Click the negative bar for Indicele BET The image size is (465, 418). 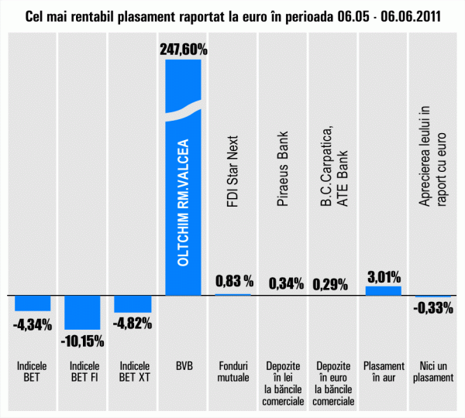[x=32, y=303]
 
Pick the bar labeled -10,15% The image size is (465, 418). [x=82, y=312]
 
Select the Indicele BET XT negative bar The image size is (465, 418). [x=133, y=303]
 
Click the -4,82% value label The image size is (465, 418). [x=133, y=324]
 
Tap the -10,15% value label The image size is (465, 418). [x=82, y=341]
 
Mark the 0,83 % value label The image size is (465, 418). [x=234, y=280]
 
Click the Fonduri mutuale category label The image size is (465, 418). [x=233, y=372]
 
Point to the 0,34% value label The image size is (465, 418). [x=285, y=284]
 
